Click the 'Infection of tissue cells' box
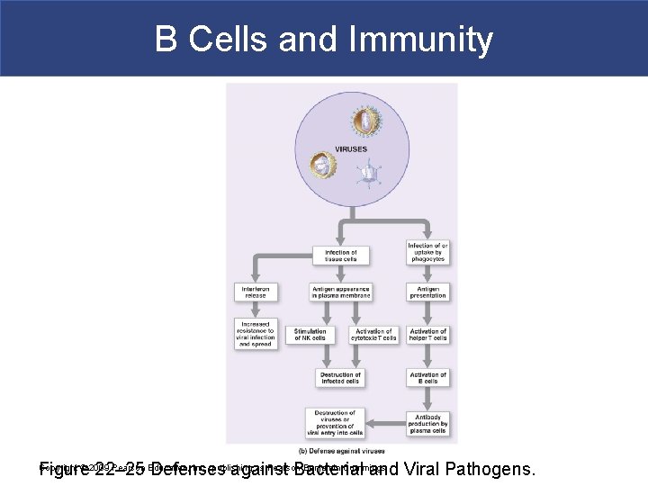pos(341,256)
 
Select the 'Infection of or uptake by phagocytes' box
pos(427,253)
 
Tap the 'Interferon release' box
pos(256,292)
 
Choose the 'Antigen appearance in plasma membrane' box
pos(341,292)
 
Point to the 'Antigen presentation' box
pos(427,292)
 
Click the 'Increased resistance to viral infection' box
pos(256,333)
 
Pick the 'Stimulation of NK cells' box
pos(310,335)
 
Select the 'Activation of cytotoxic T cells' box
pos(374,335)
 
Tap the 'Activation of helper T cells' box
pos(427,335)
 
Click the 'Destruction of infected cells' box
pos(341,378)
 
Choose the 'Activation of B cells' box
pos(427,378)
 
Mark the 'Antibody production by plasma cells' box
pos(427,423)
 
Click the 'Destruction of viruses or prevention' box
pos(335,423)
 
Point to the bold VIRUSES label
pos(351,149)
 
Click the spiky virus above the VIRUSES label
pos(365,120)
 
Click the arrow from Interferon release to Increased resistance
pos(256,309)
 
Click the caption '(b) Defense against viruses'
pos(342,450)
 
